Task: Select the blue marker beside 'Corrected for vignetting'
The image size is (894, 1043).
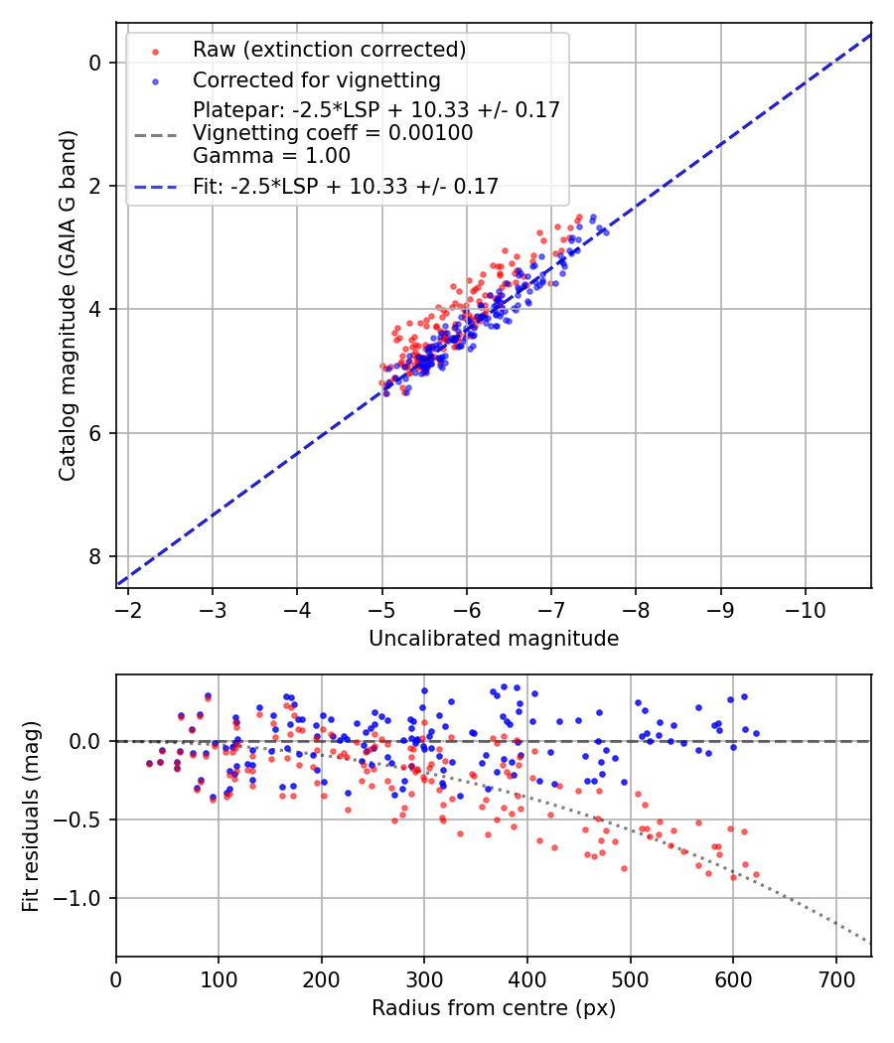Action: pyautogui.click(x=155, y=79)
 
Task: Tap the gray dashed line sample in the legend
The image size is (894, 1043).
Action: pyautogui.click(x=155, y=132)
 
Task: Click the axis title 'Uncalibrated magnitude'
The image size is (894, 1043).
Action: pyautogui.click(x=494, y=639)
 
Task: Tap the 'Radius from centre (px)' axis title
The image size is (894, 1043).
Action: pyautogui.click(x=494, y=1008)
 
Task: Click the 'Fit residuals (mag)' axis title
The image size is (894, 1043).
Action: pyautogui.click(x=30, y=816)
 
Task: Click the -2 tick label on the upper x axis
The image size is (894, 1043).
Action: pyautogui.click(x=127, y=609)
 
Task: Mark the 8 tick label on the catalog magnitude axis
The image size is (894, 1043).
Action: pyautogui.click(x=95, y=556)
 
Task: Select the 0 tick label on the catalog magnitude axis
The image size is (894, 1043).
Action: pyautogui.click(x=95, y=63)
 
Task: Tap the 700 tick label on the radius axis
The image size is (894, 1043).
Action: pyautogui.click(x=835, y=978)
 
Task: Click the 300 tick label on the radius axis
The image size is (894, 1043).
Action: pyautogui.click(x=424, y=978)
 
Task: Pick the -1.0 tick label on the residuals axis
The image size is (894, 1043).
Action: pyautogui.click(x=81, y=898)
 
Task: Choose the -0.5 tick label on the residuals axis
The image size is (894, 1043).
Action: pyautogui.click(x=81, y=819)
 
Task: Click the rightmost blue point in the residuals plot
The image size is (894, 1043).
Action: pyautogui.click(x=756, y=733)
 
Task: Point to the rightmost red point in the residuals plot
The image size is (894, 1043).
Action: pyautogui.click(x=756, y=874)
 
